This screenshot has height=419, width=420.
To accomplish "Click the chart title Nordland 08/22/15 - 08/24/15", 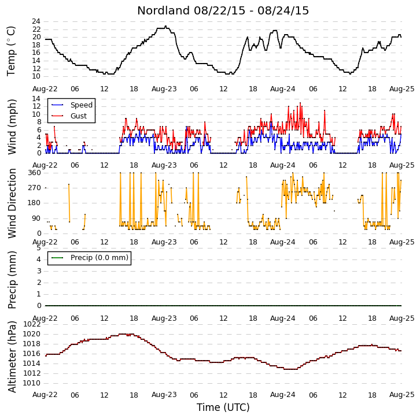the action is click(223, 11).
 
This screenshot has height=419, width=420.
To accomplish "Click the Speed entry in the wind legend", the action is click(82, 105).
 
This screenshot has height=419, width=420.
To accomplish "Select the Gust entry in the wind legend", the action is click(79, 116).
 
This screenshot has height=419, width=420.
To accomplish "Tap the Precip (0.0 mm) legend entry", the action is click(100, 257).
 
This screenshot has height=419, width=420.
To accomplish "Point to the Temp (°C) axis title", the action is click(11, 51).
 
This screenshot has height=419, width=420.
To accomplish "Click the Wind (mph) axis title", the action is click(12, 127).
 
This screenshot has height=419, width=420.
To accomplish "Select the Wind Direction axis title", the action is click(12, 203).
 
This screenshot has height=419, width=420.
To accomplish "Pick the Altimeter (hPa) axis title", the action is click(12, 357).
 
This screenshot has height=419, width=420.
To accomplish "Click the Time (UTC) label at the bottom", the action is click(223, 407).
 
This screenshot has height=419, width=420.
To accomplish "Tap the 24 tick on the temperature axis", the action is click(36, 21).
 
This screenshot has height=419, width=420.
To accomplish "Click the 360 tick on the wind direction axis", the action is click(35, 173).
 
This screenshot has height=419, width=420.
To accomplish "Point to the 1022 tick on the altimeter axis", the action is click(32, 324).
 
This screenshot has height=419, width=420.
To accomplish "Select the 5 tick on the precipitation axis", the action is click(39, 248).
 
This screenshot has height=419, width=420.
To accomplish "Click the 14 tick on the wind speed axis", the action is click(36, 99).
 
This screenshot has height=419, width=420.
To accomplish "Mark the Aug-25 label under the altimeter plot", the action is click(401, 395).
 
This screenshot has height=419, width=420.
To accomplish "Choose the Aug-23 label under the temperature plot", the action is click(164, 89).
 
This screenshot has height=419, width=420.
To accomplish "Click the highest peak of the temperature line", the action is click(166, 26).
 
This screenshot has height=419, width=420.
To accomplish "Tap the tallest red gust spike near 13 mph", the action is click(300, 103).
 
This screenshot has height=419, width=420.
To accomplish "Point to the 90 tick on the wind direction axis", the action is click(36, 218).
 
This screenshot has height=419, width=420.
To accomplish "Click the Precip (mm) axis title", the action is click(12, 280).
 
